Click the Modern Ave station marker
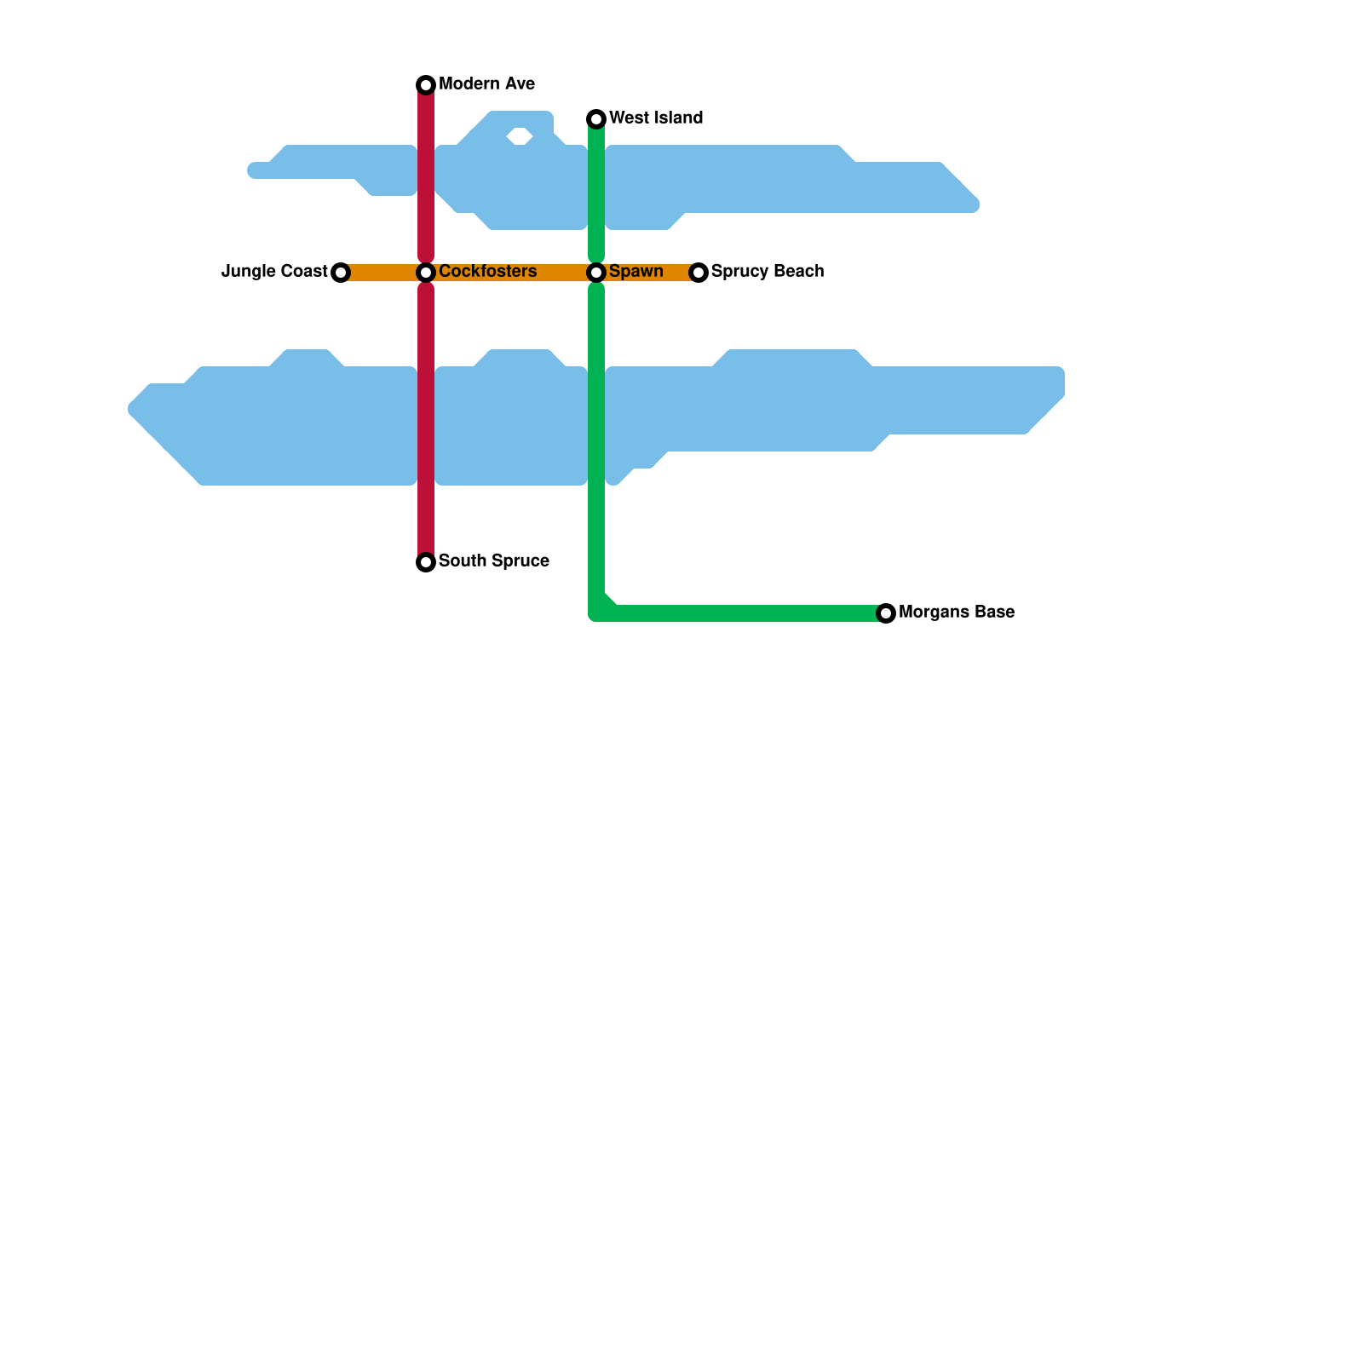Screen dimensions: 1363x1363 pyautogui.click(x=426, y=85)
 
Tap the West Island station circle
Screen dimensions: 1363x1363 pyautogui.click(x=596, y=119)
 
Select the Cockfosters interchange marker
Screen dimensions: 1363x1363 pyautogui.click(x=426, y=273)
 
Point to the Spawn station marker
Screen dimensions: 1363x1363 pyautogui.click(x=596, y=273)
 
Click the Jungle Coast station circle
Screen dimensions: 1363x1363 pyautogui.click(x=341, y=273)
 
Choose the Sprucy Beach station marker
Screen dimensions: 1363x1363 pyautogui.click(x=699, y=273)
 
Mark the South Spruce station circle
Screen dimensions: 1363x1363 pyautogui.click(x=426, y=562)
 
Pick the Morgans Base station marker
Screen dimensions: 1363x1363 pyautogui.click(x=886, y=613)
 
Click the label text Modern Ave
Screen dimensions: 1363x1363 pyautogui.click(x=486, y=84)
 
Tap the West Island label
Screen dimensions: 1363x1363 pyautogui.click(x=656, y=118)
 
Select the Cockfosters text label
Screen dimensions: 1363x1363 pyautogui.click(x=487, y=272)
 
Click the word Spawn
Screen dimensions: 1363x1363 pyautogui.click(x=635, y=272)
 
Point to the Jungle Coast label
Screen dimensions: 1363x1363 pyautogui.click(x=274, y=272)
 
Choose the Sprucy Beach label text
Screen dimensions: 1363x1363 pyautogui.click(x=767, y=272)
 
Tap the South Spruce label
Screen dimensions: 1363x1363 pyautogui.click(x=493, y=561)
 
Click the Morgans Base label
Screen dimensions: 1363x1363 pyautogui.click(x=956, y=612)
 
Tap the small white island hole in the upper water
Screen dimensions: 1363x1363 pyautogui.click(x=520, y=135)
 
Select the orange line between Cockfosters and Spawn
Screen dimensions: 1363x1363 pyautogui.click(x=511, y=273)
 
